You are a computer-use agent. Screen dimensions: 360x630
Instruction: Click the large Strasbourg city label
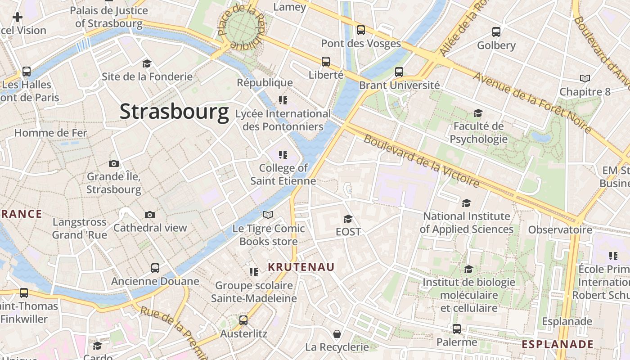coord(174,112)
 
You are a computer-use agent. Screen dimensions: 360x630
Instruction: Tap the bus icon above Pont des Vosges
coord(361,30)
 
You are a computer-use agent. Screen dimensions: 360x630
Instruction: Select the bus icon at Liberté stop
coord(326,62)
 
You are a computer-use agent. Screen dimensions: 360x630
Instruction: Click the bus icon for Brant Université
coord(399,72)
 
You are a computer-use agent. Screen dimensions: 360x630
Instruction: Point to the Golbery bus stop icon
coord(496,32)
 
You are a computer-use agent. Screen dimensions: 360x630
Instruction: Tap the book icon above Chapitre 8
coord(585,79)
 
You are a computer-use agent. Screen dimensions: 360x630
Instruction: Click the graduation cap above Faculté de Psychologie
coord(478,113)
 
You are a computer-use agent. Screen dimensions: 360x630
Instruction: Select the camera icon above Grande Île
coord(114,163)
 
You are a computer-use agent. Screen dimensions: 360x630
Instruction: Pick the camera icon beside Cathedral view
coord(150,215)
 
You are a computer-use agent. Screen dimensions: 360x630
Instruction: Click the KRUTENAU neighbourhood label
coord(301,267)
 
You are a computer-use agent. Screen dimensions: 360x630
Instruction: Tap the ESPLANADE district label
coord(558,344)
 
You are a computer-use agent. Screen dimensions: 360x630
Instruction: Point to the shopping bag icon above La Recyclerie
coord(337,334)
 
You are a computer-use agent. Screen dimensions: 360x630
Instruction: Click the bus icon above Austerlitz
coord(243,320)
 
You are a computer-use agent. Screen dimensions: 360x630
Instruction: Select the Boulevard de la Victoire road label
coord(422,161)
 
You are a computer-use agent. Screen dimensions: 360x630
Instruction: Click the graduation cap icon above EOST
coord(348,219)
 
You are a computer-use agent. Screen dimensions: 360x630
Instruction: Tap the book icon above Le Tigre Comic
coord(268,215)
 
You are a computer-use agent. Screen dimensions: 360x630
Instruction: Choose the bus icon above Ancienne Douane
coord(155,268)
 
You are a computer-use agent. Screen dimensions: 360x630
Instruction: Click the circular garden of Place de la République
coord(242,28)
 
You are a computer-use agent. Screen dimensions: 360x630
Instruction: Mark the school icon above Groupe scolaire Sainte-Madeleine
coord(254,272)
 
